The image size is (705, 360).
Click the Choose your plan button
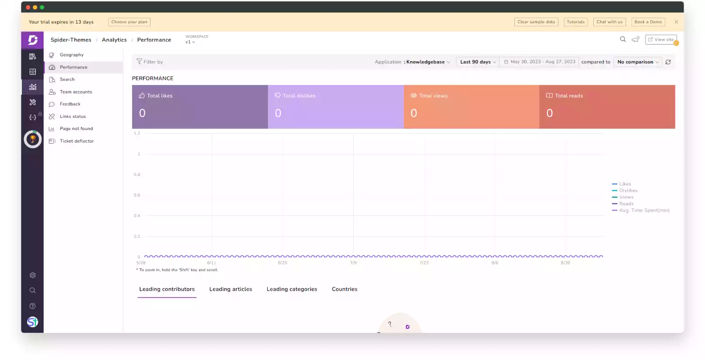coord(129,22)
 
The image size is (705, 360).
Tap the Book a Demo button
coord(648,22)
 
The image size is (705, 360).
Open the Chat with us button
coord(609,22)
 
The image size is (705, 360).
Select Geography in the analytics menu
coord(72,55)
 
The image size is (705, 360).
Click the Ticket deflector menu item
coord(77,141)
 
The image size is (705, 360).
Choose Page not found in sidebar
coord(76,129)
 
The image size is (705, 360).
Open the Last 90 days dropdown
coord(478,62)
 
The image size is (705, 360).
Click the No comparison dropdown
coord(638,62)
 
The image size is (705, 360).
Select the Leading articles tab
coord(230,289)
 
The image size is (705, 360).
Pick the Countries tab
coord(344,289)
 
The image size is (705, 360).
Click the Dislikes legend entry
coord(628,191)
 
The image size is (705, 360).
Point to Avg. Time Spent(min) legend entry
coord(644,210)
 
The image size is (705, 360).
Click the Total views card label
coord(433,96)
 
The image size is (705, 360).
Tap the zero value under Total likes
coord(142,113)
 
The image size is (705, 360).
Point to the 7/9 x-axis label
coord(353,263)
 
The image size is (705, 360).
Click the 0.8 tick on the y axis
coord(137,175)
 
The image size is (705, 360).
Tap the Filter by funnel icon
coord(139,62)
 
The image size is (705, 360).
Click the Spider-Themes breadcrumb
coord(71,40)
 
